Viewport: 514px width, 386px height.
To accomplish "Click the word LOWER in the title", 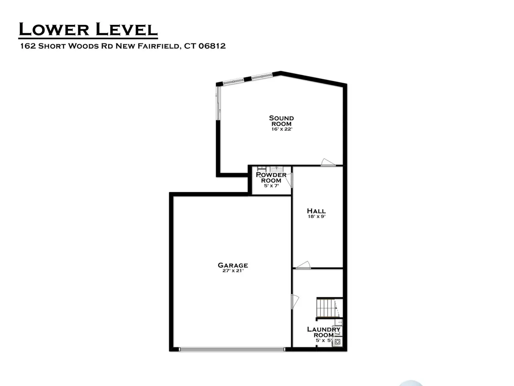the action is coord(54,29).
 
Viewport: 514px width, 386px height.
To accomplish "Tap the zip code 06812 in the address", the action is coord(212,46).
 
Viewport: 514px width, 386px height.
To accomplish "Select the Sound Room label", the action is coord(281,121).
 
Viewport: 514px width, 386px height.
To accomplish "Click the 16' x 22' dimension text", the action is coord(282,129).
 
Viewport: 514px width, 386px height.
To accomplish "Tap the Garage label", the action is coord(233,265).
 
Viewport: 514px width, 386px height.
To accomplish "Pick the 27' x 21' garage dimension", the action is coord(233,271).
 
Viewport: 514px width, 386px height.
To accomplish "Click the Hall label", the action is coord(316,211).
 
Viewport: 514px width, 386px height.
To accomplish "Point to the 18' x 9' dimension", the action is coord(316,217).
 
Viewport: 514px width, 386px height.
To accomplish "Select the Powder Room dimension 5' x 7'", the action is coord(271,186).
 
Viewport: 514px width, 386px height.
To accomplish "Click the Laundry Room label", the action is coord(324,332).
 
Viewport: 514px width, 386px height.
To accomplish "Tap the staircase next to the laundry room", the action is coord(329,308).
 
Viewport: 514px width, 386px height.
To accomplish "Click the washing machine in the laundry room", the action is coord(337,342).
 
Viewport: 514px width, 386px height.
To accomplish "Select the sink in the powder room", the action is coord(277,169).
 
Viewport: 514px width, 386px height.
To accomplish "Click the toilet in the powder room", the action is coord(261,168).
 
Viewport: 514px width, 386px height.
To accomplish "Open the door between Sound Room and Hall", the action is coord(328,162).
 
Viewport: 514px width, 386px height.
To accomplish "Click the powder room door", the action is coord(289,180).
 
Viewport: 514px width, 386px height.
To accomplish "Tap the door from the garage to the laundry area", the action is coord(295,302).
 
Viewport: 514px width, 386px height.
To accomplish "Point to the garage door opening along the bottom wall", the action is coord(232,349).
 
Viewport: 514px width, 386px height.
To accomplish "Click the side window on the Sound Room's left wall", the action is coord(218,103).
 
